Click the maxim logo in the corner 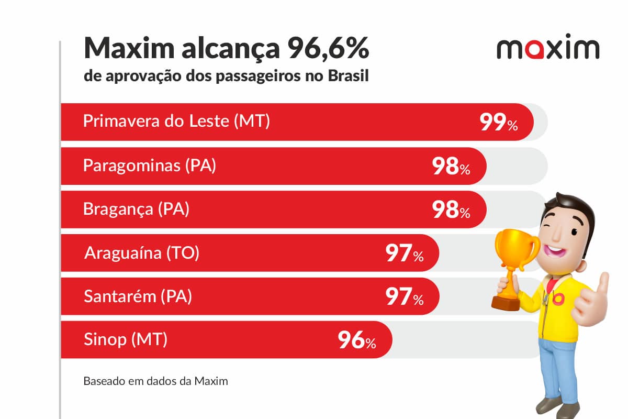547,48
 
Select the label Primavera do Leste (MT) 176,122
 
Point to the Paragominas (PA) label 149,166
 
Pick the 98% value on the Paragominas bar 451,167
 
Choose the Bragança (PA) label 136,209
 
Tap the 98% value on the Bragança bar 451,211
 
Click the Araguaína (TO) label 141,253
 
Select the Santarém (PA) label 138,296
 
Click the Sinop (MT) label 126,340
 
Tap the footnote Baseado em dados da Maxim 155,381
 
